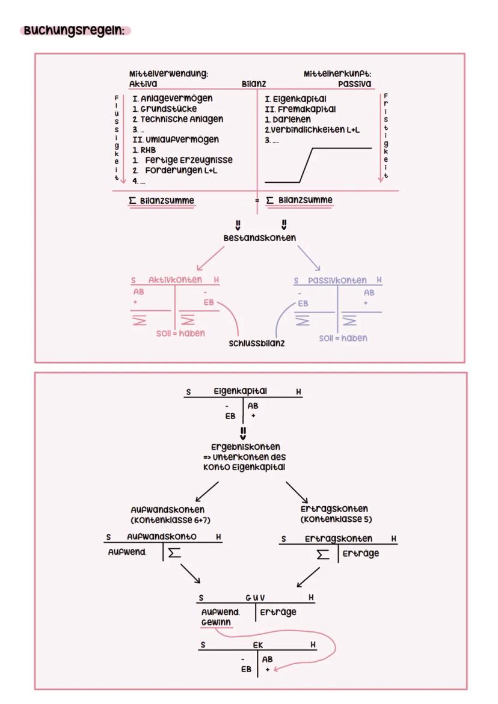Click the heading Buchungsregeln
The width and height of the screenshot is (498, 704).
click(x=75, y=30)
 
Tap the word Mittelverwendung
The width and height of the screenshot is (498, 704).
click(x=168, y=73)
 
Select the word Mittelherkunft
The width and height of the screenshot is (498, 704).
click(x=337, y=73)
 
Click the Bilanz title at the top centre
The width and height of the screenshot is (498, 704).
click(x=253, y=84)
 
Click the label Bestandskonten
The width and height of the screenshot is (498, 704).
click(x=259, y=238)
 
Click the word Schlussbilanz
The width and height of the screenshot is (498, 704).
click(x=257, y=343)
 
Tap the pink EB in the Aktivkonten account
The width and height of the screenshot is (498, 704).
click(x=208, y=302)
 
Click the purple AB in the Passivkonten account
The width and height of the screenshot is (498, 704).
click(x=369, y=292)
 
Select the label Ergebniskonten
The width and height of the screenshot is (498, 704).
click(x=245, y=447)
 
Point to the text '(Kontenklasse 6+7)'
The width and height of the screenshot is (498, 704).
click(x=170, y=520)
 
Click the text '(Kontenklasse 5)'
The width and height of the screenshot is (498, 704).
click(x=334, y=519)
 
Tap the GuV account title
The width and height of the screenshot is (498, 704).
click(x=255, y=598)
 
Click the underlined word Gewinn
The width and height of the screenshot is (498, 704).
click(x=216, y=622)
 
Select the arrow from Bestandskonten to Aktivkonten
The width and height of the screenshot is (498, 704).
click(x=209, y=259)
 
